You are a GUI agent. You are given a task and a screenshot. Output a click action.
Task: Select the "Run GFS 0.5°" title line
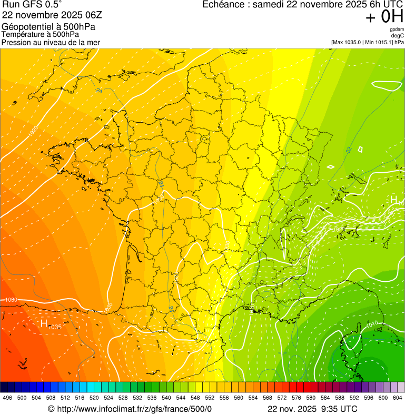(32, 5)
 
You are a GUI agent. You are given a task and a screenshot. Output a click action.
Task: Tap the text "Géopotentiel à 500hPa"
(48, 26)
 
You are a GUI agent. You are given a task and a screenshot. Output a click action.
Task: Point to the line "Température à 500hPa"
(40, 34)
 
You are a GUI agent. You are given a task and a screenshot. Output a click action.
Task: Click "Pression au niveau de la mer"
(51, 42)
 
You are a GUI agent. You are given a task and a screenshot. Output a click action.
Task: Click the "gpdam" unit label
(397, 29)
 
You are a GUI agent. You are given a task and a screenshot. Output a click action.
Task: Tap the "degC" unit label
(398, 35)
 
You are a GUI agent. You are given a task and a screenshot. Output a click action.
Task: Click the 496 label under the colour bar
(7, 398)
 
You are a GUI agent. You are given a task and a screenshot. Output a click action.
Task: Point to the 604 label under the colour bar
(398, 398)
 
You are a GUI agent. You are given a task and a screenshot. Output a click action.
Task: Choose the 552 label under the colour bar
(209, 398)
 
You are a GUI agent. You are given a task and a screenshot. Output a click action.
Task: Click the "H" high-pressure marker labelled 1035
(45, 323)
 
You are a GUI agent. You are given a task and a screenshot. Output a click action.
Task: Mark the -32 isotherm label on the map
(348, 151)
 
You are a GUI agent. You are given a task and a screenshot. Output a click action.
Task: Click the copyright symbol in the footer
(51, 409)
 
